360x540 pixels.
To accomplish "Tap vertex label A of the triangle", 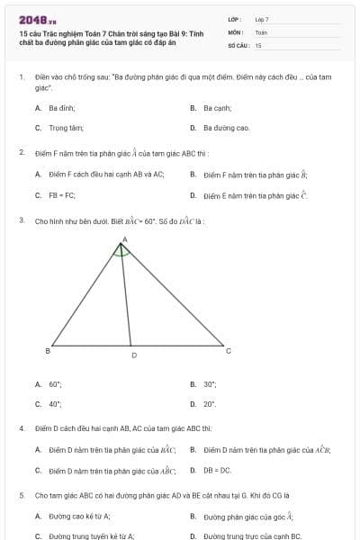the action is pos(124,239).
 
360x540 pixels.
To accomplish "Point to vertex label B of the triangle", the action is pos(47,350).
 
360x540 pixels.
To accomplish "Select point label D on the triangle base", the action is pos(134,356).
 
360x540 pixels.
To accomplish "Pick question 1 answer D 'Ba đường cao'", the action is pos(219,128).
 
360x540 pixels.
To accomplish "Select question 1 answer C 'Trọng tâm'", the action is pos(55,128).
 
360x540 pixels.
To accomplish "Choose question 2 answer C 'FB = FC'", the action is pos(56,194).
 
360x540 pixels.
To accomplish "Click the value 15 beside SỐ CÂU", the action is pos(258,44).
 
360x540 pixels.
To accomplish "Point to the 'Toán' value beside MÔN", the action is pos(261,31).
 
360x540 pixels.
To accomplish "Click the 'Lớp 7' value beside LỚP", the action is pos(262,19).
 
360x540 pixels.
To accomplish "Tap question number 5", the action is pos(21,495).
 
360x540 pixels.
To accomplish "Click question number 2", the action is pos(21,153).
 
